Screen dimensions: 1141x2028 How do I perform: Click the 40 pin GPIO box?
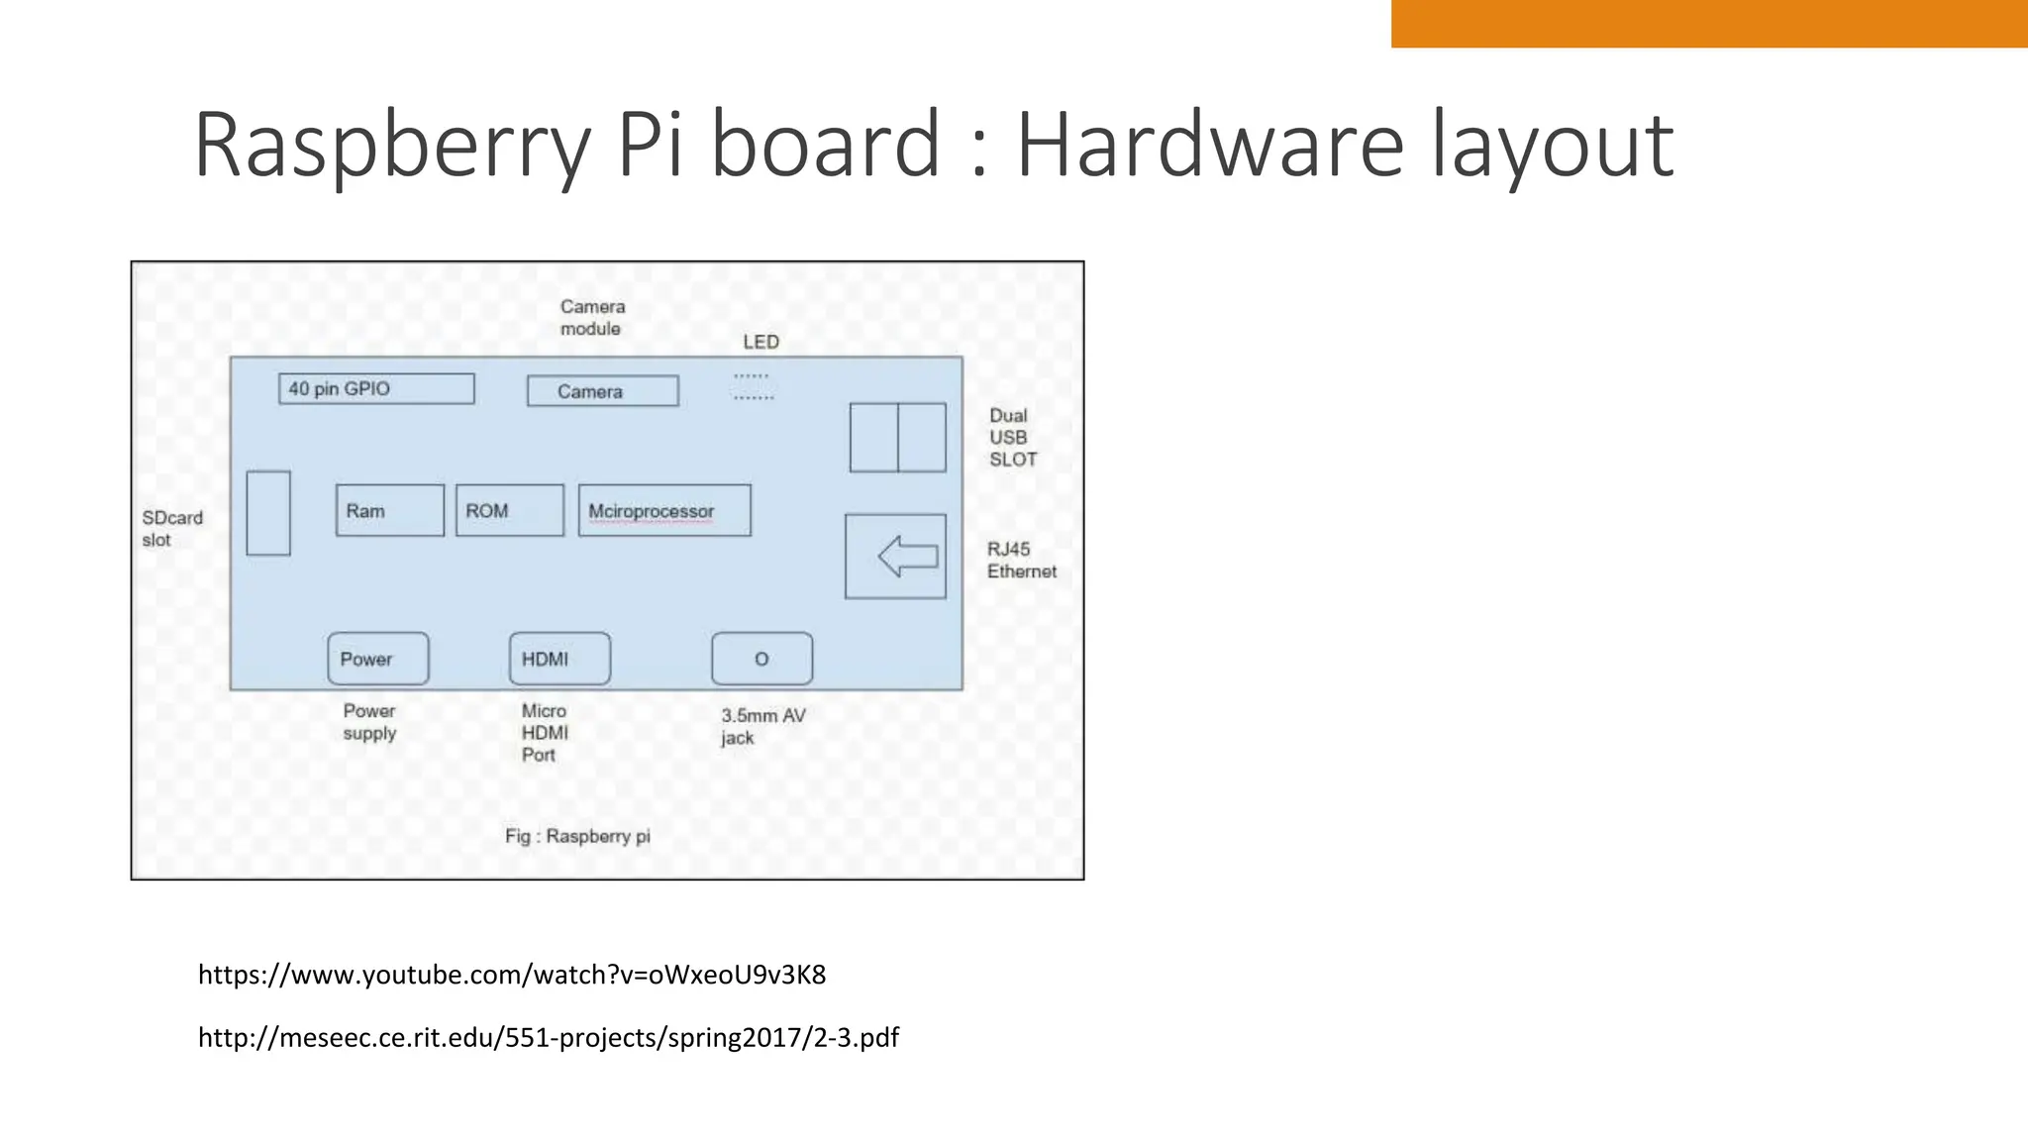[376, 389]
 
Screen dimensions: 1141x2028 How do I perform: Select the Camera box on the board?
[603, 391]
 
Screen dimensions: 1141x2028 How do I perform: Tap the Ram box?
[390, 511]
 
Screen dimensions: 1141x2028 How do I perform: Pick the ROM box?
[510, 511]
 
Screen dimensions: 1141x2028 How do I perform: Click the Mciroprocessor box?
[664, 511]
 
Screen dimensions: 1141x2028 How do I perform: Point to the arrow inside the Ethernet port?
[907, 557]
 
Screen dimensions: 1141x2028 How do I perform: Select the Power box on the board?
[378, 659]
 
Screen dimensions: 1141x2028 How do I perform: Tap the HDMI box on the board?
[559, 659]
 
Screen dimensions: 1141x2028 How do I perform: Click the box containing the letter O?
[761, 659]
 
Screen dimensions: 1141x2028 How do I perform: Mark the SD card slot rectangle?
[268, 513]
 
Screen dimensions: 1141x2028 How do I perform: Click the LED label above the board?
[760, 343]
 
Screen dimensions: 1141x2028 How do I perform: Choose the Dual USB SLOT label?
[1012, 438]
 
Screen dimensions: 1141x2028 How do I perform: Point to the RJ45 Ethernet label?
[1021, 561]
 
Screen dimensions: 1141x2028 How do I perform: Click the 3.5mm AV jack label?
[762, 727]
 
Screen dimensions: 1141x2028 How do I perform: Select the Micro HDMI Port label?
[545, 733]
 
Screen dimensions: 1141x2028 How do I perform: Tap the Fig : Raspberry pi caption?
[577, 836]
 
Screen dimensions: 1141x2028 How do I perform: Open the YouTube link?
[512, 975]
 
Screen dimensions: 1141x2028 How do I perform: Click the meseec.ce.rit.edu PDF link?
[549, 1037]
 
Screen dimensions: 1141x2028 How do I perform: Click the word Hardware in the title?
[1210, 145]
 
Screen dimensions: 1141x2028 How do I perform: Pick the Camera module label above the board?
[592, 318]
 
